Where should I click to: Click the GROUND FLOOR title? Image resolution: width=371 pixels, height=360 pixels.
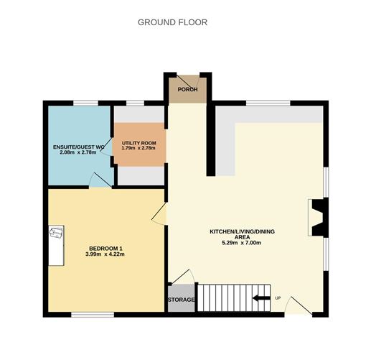click(x=172, y=22)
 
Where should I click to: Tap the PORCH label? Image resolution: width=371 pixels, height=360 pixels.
click(x=187, y=90)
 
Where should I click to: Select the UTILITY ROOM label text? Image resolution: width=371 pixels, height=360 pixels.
click(x=138, y=143)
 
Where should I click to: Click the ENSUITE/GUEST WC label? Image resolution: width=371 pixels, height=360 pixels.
click(x=80, y=147)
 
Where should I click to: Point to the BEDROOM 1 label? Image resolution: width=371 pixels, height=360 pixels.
click(x=104, y=249)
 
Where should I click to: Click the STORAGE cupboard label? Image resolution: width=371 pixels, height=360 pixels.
click(x=181, y=300)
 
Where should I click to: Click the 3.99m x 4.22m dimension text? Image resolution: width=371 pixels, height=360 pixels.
click(x=104, y=255)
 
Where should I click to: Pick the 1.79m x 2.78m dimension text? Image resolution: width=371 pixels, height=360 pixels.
click(x=138, y=149)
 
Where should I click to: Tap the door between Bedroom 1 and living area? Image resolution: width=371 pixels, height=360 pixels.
click(x=160, y=214)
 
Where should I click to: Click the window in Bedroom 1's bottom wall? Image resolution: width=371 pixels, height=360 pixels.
click(x=92, y=314)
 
